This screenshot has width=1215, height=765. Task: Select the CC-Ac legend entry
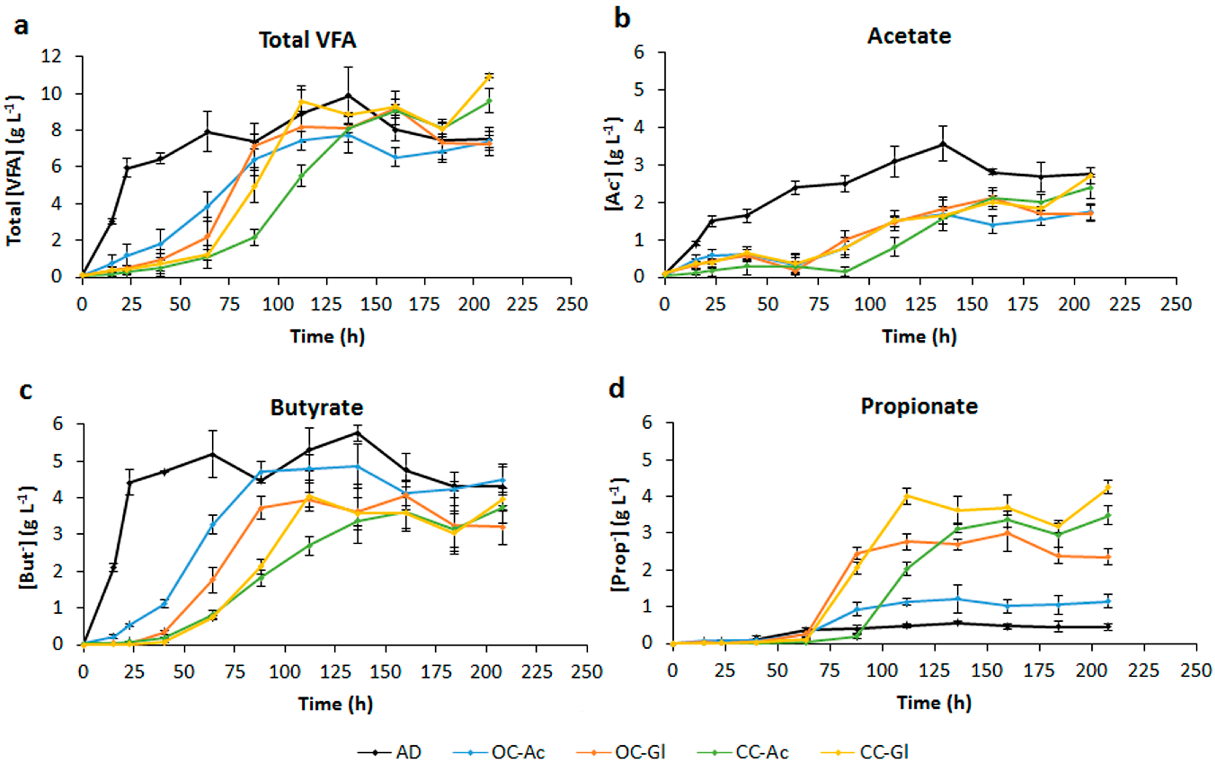(743, 752)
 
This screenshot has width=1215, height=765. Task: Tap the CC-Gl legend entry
(865, 752)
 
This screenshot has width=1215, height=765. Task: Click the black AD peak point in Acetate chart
(942, 144)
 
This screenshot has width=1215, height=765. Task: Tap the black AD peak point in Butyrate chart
(357, 433)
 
